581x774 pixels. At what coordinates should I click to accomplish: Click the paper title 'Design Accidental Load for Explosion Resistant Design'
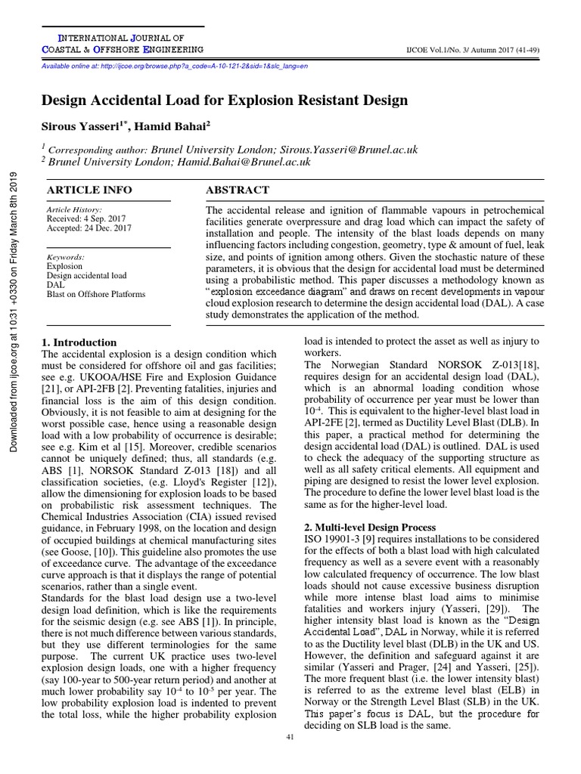(224, 100)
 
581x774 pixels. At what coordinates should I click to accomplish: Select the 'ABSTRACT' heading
(235, 190)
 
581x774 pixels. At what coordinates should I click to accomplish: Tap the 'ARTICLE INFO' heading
(89, 190)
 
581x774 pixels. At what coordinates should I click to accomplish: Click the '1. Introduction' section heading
(79, 342)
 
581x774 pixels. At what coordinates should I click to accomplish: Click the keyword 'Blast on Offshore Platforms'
(96, 294)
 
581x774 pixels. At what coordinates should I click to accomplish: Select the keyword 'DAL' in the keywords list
(56, 285)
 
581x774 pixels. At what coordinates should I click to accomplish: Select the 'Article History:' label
(74, 209)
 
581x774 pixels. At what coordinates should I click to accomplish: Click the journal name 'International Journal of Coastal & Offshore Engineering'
(121, 43)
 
